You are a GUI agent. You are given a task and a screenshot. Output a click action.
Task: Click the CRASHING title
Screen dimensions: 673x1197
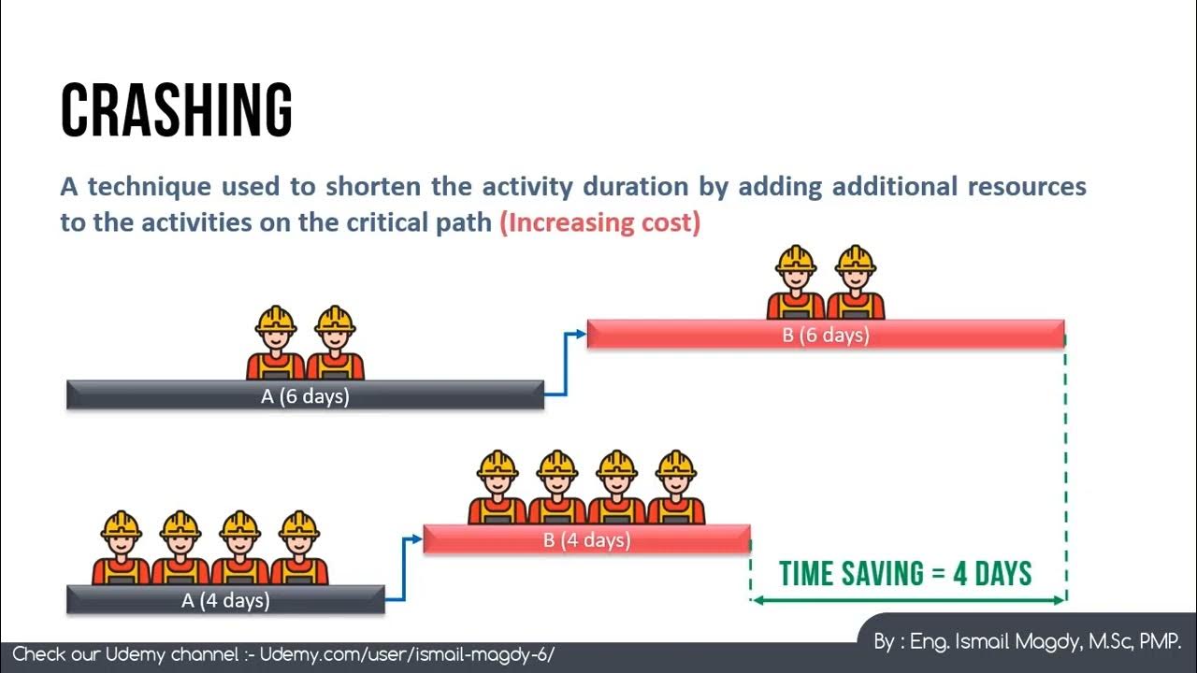coord(177,110)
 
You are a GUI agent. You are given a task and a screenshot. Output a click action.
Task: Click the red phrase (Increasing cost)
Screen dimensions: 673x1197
coord(600,223)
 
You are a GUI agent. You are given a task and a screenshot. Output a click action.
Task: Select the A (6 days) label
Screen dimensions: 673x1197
coord(305,396)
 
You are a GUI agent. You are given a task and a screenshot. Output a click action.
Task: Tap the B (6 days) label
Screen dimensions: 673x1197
coord(826,335)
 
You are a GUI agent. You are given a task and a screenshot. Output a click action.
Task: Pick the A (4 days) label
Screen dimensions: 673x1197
coord(225,600)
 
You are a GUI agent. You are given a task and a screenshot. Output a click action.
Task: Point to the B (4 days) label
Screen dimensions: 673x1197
coord(586,540)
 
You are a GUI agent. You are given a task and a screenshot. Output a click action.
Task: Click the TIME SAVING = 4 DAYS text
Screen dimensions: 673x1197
coord(905,573)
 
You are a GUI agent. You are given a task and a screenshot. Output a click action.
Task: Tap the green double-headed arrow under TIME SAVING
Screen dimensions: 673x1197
coord(907,600)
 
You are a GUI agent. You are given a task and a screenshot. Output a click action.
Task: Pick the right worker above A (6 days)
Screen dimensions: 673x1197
coord(335,342)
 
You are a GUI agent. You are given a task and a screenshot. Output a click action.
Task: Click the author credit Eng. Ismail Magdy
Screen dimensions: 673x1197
coord(1028,642)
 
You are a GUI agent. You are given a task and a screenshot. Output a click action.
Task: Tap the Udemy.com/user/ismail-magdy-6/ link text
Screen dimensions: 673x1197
coord(407,654)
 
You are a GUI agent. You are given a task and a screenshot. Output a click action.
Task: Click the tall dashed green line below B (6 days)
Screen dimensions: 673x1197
coord(1065,467)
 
